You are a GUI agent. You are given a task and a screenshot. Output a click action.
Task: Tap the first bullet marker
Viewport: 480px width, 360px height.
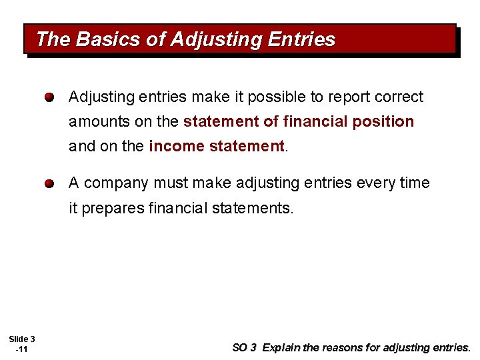pos(50,98)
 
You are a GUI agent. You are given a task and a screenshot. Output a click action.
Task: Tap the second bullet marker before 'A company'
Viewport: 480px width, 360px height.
pos(50,183)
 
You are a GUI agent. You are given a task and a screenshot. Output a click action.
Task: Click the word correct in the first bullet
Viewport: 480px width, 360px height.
pos(399,97)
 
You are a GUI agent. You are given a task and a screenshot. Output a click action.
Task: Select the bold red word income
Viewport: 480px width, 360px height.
pos(170,147)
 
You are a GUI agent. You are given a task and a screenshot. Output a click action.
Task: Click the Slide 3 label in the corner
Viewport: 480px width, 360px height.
pos(23,339)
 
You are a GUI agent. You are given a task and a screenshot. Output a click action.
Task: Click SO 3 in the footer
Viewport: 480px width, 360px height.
pos(243,347)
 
